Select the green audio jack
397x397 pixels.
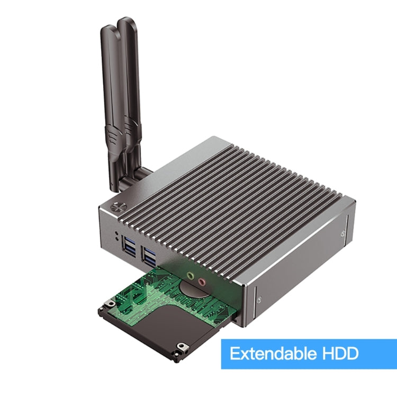click(191, 275)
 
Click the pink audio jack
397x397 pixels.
click(201, 282)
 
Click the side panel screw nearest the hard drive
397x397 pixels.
click(259, 300)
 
